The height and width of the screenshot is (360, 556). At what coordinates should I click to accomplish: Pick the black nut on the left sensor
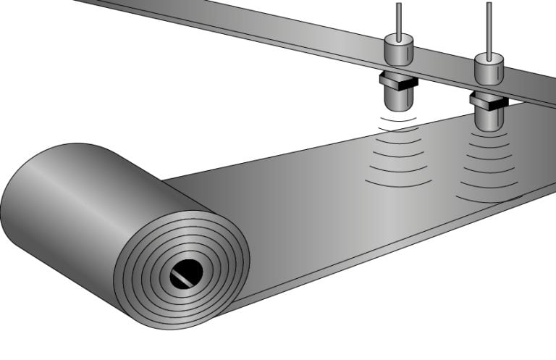(396, 81)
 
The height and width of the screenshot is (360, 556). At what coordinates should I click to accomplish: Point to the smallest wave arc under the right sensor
(487, 135)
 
